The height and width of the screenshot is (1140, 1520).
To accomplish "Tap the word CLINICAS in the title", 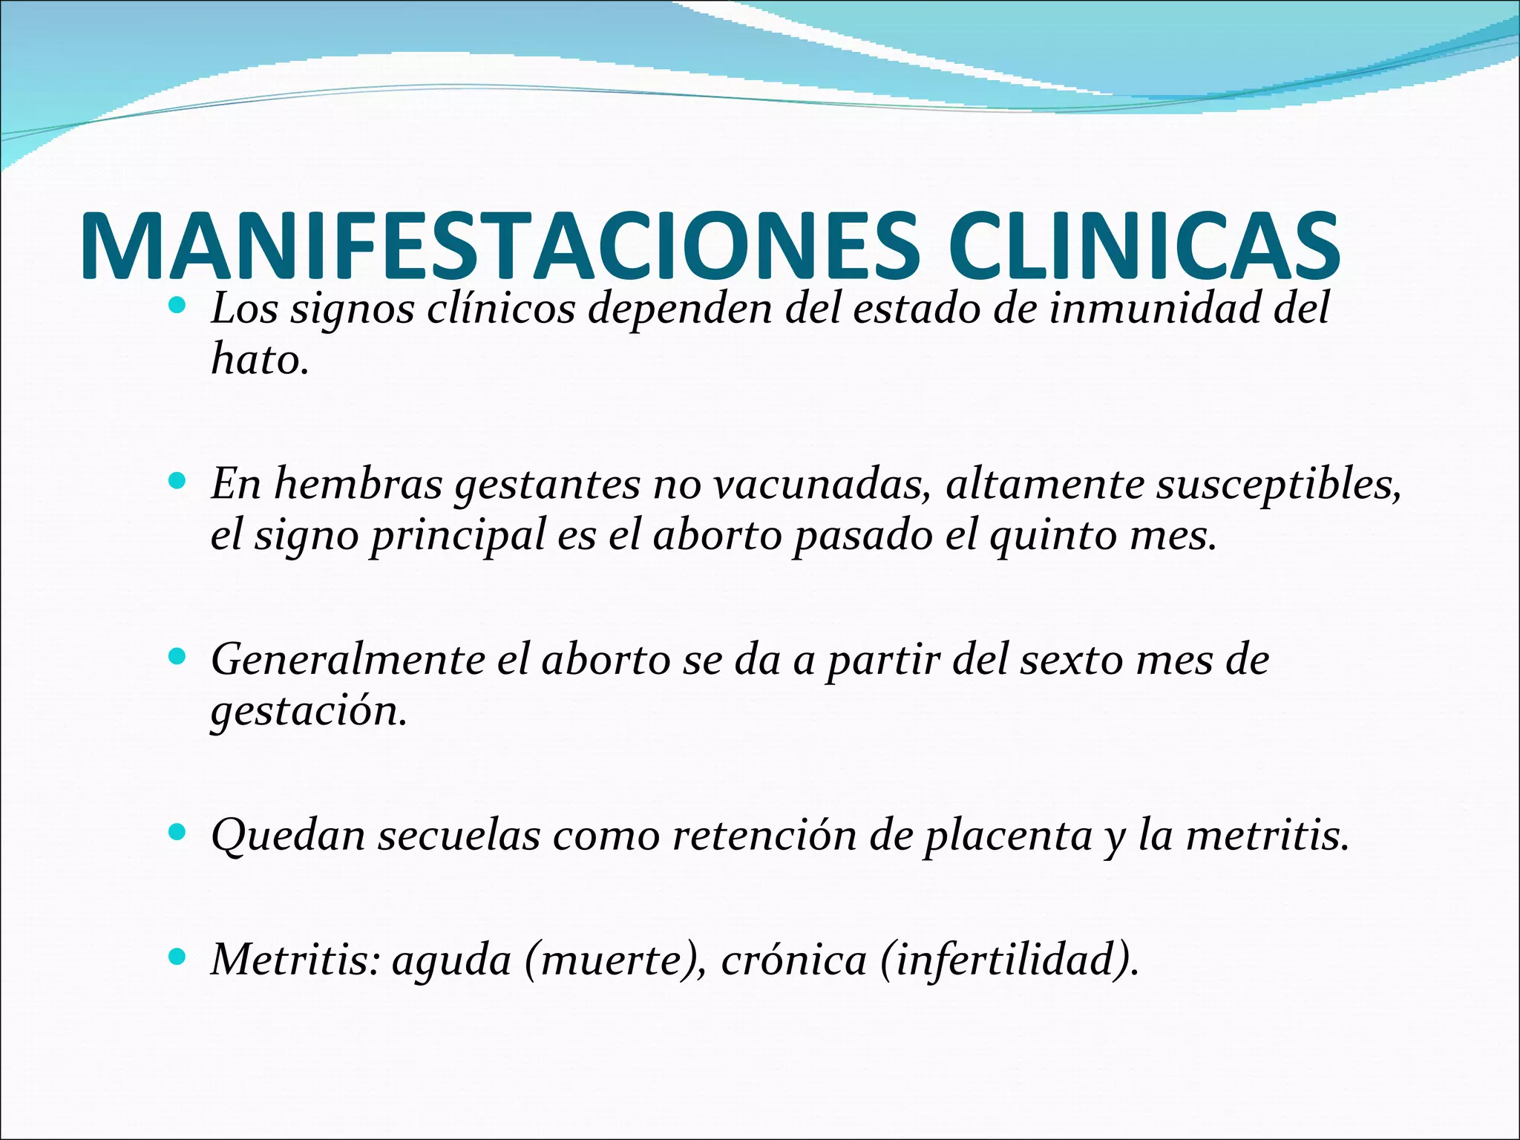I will click(x=1142, y=246).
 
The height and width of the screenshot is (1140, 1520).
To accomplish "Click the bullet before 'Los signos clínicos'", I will click(x=177, y=305).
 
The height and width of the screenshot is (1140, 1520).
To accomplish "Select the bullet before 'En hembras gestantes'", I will click(x=177, y=481).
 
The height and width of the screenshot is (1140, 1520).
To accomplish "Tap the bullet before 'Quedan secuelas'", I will click(x=177, y=832).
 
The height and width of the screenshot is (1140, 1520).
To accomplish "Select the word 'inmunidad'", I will click(x=1154, y=308).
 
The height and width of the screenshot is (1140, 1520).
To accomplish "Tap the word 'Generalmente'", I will click(x=347, y=660).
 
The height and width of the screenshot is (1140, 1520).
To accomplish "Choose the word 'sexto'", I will click(x=1071, y=660).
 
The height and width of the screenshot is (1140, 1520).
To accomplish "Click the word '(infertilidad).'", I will click(x=1009, y=960).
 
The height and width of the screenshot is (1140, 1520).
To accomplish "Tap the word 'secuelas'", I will click(x=459, y=835).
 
